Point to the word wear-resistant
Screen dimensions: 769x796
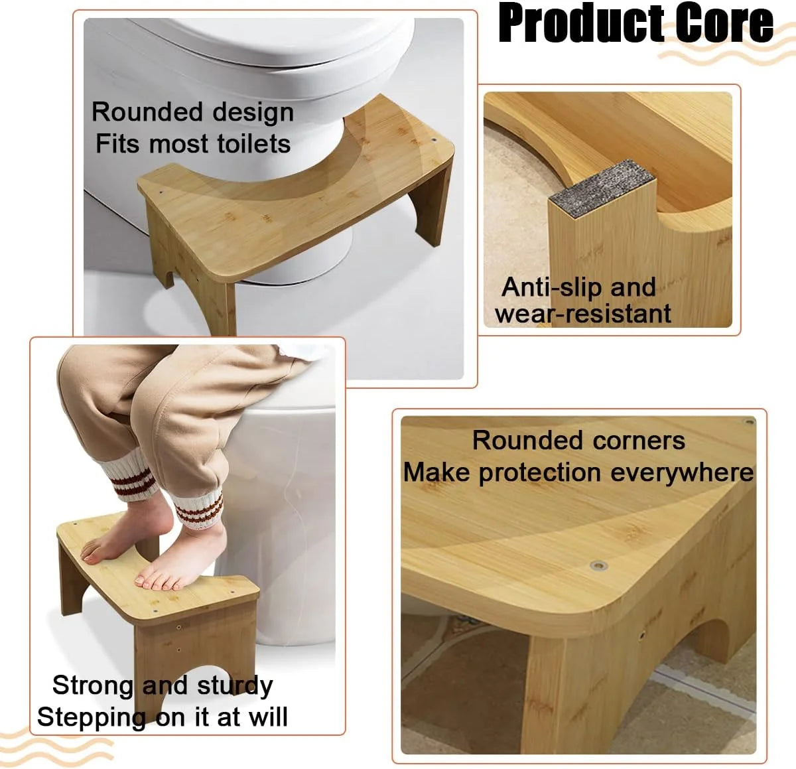pyautogui.click(x=583, y=314)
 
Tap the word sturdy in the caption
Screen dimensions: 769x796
pyautogui.click(x=235, y=685)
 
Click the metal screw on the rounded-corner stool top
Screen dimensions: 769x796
pyautogui.click(x=599, y=566)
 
